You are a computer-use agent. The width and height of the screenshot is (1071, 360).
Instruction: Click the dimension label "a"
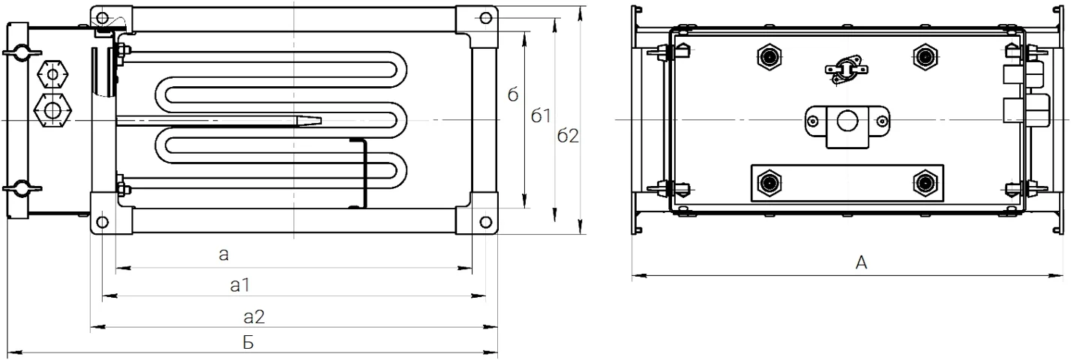coord(223,255)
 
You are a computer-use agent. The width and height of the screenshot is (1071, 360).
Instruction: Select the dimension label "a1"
coord(240,286)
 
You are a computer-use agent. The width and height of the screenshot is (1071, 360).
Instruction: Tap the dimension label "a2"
coord(254,316)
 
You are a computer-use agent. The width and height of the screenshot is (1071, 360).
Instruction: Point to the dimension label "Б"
coord(248,342)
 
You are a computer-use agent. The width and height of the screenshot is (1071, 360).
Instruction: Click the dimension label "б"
coord(512,94)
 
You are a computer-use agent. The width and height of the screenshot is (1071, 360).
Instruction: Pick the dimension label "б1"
coord(541,115)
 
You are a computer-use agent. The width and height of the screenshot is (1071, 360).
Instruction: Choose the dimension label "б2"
coord(568,136)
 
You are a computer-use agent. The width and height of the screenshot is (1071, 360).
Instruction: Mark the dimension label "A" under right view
coord(861,262)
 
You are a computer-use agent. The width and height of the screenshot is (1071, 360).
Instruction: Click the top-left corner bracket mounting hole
coord(102,18)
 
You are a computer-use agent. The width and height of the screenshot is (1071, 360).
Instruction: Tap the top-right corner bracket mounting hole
coord(486,18)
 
